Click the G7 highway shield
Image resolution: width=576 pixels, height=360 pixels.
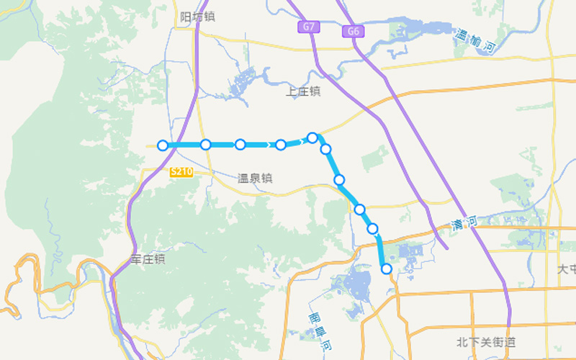tap(309, 27)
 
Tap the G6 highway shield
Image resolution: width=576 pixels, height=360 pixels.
tap(353, 31)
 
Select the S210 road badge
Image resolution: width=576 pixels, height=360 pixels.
tap(181, 172)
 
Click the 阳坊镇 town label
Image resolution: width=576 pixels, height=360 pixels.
tap(198, 17)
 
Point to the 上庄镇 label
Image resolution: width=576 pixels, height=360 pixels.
tap(303, 91)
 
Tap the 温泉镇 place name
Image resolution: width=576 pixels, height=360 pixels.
tap(256, 178)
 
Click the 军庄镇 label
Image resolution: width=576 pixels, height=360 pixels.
tap(148, 258)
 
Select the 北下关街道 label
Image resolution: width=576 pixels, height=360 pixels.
tap(486, 342)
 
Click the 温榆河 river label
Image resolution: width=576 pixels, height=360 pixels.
tap(476, 41)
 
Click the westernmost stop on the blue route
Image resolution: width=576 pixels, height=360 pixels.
tap(163, 145)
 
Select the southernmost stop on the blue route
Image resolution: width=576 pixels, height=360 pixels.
tap(387, 269)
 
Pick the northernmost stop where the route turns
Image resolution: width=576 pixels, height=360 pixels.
tap(312, 138)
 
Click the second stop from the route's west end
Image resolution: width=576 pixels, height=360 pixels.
tap(205, 145)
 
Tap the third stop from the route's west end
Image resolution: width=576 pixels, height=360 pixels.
tap(240, 145)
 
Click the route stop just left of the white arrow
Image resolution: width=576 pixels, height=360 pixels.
tap(280, 145)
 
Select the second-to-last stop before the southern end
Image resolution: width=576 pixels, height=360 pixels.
tap(373, 228)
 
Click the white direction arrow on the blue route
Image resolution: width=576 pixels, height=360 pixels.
tap(301, 141)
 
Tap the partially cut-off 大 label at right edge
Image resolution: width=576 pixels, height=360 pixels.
tap(567, 269)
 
